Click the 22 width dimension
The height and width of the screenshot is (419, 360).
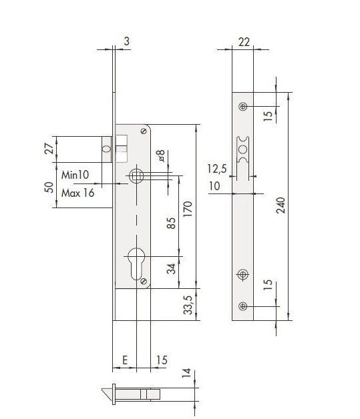coord(244,42)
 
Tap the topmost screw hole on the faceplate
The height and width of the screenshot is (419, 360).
coord(242,107)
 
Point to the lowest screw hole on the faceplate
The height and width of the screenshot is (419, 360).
coord(242,305)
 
